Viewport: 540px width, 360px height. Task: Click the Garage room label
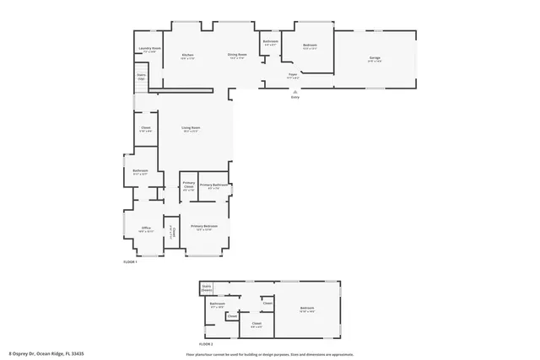point(374,57)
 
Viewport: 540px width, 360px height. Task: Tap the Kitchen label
point(187,56)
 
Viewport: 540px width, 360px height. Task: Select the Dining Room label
point(236,56)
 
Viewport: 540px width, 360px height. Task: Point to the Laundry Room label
point(149,49)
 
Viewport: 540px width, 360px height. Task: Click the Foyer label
point(293,75)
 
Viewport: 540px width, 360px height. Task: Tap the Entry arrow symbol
point(294,91)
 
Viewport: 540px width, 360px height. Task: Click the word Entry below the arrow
point(294,98)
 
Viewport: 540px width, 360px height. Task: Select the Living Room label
point(191,128)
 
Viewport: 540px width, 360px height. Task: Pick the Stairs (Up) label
point(141,77)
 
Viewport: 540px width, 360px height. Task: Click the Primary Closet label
point(189,185)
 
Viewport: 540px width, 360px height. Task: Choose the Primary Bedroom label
point(203,226)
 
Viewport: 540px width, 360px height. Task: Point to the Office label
point(146,228)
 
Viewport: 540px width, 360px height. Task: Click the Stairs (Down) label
point(207,287)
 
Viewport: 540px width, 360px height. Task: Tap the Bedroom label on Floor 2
point(306,309)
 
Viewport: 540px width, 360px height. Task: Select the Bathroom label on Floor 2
point(217,304)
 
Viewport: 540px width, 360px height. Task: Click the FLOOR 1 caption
point(130,263)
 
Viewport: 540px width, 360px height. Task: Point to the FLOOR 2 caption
point(206,344)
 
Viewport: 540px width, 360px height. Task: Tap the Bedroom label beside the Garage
point(310,46)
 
